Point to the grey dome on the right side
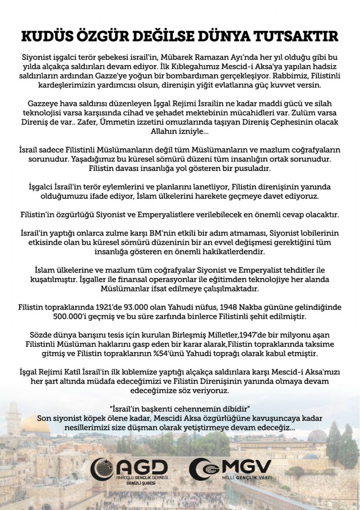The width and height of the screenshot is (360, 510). coord(317,435)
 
